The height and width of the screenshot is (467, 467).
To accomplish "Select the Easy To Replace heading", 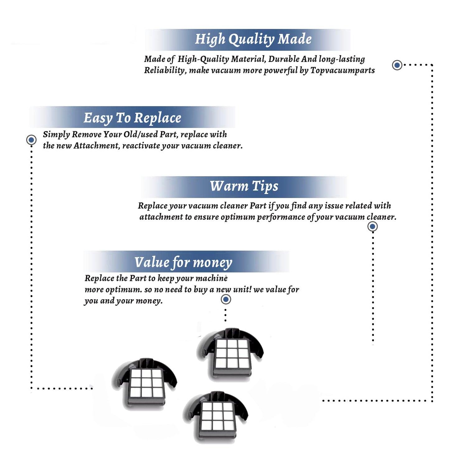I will click(132, 118).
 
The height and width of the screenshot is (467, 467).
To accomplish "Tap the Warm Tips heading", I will click(244, 186).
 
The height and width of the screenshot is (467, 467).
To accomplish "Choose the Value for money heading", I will click(183, 262).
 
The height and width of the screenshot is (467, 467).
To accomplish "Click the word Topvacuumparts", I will click(342, 70).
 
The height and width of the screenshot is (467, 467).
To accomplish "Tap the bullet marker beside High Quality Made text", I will click(397, 65).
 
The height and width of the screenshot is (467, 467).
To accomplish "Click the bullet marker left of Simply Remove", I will click(31, 140).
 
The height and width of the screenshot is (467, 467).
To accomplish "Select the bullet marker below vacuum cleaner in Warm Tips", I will click(372, 226).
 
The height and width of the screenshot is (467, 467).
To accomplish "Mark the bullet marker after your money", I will click(226, 300).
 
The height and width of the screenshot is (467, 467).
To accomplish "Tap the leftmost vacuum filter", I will click(145, 383).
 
